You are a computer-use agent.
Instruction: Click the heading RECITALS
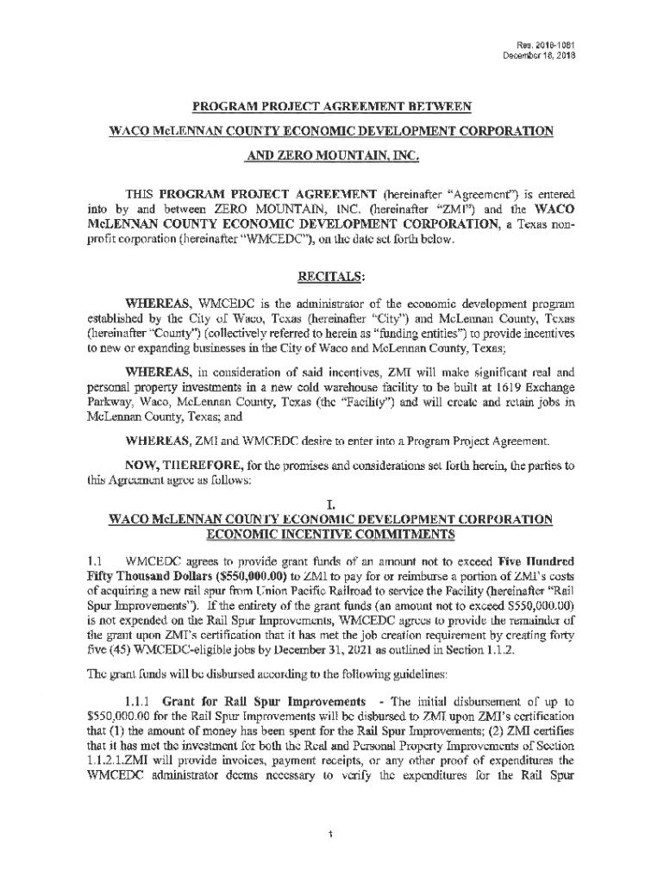tap(332, 278)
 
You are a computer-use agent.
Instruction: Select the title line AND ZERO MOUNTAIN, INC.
tap(332, 158)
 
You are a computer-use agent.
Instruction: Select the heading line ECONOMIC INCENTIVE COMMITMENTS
tap(332, 533)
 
